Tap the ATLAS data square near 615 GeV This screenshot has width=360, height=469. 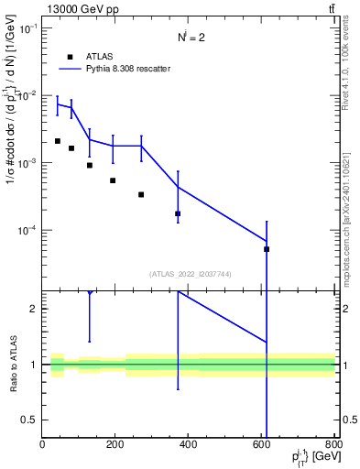267,249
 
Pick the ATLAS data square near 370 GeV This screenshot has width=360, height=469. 178,213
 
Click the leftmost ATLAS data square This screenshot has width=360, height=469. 57,141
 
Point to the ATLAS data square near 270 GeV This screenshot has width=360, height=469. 141,194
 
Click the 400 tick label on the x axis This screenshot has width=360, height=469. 189,445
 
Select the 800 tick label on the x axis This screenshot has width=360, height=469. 334,445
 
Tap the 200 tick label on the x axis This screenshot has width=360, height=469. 115,445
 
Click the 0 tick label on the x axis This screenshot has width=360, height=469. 42,445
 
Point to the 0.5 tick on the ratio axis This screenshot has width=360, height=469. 32,420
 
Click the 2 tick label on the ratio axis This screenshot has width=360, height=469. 35,309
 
